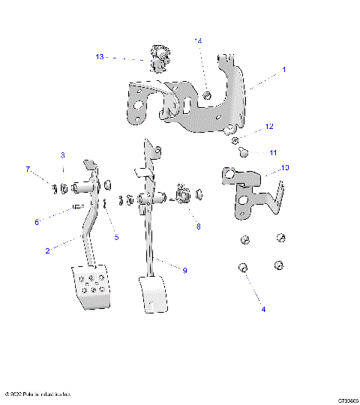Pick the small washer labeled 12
coord(235,140)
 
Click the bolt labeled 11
coord(244,152)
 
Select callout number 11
coord(274,152)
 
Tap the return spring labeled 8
coord(184,197)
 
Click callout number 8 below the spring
coord(198,226)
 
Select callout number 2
coord(47,251)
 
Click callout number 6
coord(36,222)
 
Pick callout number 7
coord(28,169)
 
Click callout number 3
coord(63,155)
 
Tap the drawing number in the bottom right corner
coord(346,401)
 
